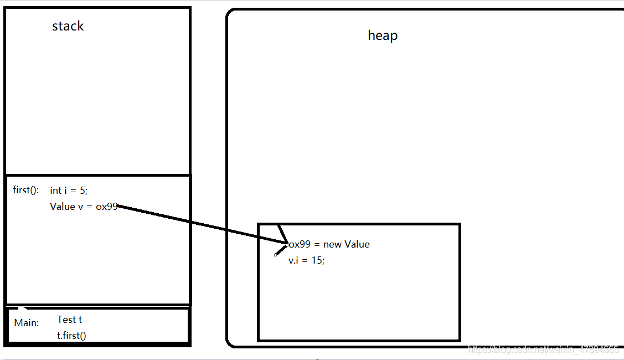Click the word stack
68,26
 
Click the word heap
383,35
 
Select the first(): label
26,190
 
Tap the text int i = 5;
69,190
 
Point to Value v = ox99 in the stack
84,207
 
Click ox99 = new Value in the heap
329,244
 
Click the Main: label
27,323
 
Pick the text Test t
69,320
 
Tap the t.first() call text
71,335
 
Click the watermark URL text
543,350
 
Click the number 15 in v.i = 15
316,260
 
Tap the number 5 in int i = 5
82,190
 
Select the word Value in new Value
357,244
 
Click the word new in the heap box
333,244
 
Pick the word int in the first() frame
55,190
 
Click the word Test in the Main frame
66,320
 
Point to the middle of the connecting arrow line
202,224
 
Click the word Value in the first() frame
62,207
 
